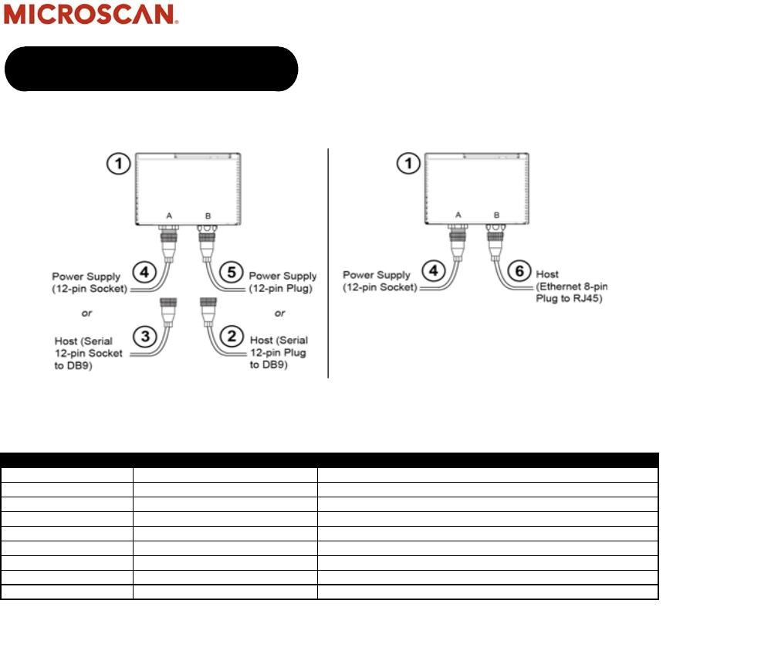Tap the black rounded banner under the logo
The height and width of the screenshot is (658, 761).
[x=151, y=69]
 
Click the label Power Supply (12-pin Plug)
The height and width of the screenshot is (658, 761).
[x=283, y=282]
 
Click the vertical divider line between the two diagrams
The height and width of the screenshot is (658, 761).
[x=329, y=263]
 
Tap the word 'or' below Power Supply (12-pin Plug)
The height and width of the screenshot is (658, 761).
[x=279, y=314]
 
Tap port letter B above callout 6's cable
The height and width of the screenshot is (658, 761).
[x=496, y=215]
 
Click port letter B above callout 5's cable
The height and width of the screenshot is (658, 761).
[x=206, y=215]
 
